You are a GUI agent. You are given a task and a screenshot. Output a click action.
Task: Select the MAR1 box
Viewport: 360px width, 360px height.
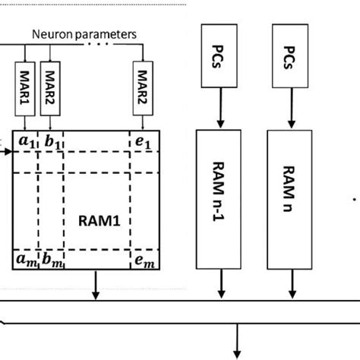25,81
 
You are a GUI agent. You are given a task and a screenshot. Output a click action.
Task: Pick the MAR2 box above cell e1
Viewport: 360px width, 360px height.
141,81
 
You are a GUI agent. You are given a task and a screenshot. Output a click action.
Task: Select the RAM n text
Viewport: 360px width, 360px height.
289,198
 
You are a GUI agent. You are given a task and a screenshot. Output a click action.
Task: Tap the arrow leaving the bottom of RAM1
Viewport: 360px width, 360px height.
96,288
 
